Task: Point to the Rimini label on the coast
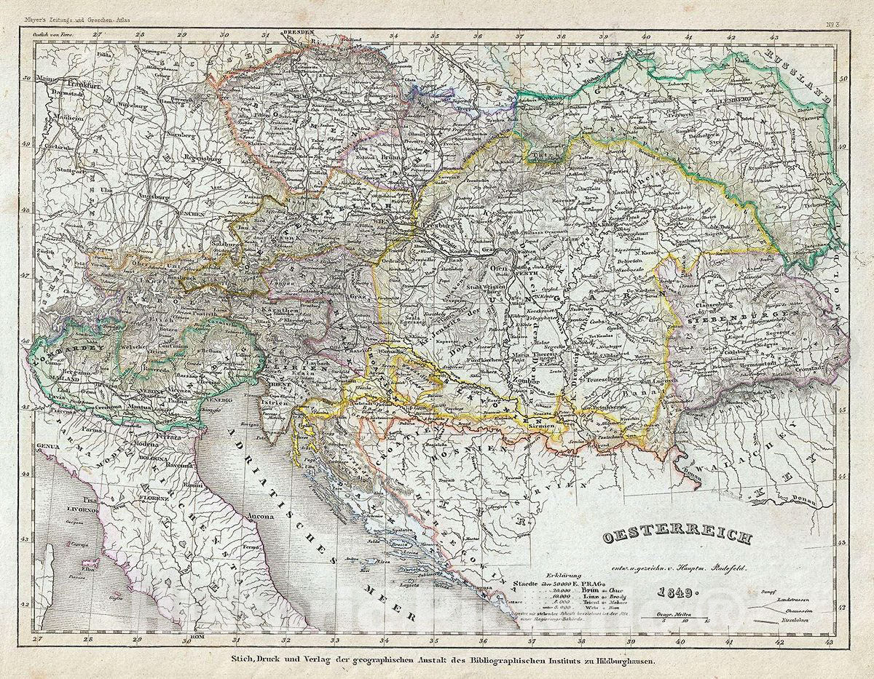coord(192,484)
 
